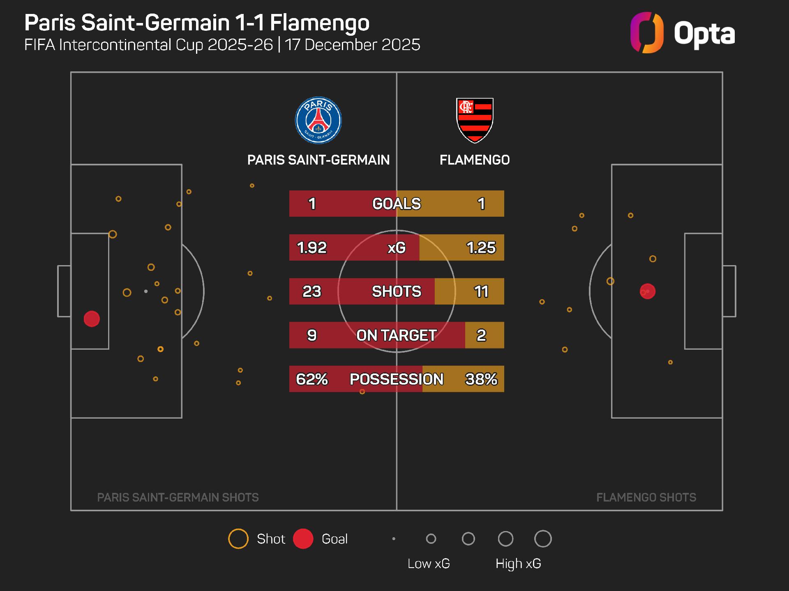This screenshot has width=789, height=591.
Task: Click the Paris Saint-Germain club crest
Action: (318, 120)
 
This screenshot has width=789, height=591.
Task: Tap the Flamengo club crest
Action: (475, 120)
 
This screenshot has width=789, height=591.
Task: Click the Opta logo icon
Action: (647, 33)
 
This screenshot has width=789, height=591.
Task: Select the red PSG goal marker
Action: (92, 319)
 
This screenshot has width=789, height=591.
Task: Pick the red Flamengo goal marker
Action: (648, 291)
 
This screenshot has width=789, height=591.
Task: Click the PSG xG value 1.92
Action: (311, 247)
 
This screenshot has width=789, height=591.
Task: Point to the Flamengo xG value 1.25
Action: (481, 247)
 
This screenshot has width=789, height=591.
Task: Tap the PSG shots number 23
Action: (311, 291)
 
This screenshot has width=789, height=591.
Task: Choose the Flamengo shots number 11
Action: (481, 291)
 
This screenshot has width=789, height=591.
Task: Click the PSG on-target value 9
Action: (311, 335)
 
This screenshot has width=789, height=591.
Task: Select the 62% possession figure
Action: (311, 379)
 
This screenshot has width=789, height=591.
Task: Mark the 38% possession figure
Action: (481, 379)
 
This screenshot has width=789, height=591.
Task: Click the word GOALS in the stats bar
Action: (397, 204)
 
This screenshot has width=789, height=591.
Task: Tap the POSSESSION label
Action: (397, 379)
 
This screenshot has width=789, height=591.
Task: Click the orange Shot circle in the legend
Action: (238, 539)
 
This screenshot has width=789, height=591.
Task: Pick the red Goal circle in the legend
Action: (303, 539)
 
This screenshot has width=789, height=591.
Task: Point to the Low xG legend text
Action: (429, 564)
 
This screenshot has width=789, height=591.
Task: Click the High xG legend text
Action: (518, 564)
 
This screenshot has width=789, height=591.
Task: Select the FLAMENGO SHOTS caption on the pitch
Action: (646, 497)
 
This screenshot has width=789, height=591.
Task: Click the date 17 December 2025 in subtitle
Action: (353, 45)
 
